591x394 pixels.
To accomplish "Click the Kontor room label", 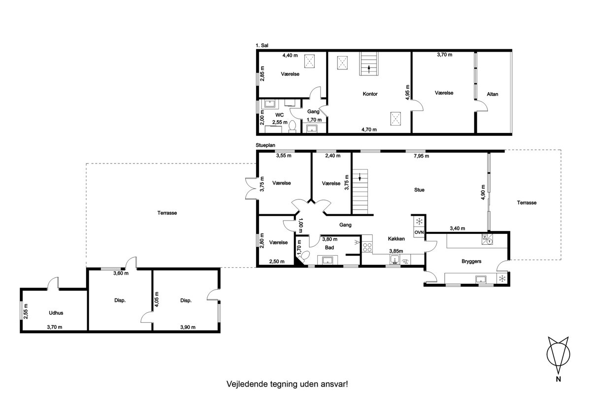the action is coord(370,94).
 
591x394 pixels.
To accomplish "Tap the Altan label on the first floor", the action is coord(492,94).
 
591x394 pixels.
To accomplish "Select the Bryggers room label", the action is coord(471,261).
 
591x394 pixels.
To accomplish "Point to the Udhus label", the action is coord(56,313).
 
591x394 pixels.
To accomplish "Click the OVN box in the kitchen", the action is coord(419,232).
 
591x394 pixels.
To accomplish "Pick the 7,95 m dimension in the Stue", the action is coord(422,156).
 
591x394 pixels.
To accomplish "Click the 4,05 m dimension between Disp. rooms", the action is coord(157,299).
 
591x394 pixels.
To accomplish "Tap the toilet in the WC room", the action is coord(293,126).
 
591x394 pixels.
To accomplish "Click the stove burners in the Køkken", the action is coord(367,247).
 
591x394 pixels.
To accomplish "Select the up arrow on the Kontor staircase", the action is coord(369,69).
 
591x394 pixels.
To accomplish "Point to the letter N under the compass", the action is coord(558,379).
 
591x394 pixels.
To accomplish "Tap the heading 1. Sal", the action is coord(262,45).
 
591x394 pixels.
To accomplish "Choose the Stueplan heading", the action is coord(265,145).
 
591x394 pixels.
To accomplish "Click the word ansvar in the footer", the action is coord(334,384).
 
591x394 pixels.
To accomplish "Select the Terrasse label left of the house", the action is coord(167,213).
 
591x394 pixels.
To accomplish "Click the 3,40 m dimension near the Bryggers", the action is coord(458,229).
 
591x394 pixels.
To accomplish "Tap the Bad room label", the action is coord(329,248).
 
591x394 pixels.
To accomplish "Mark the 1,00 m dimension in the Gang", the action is coord(300,226).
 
